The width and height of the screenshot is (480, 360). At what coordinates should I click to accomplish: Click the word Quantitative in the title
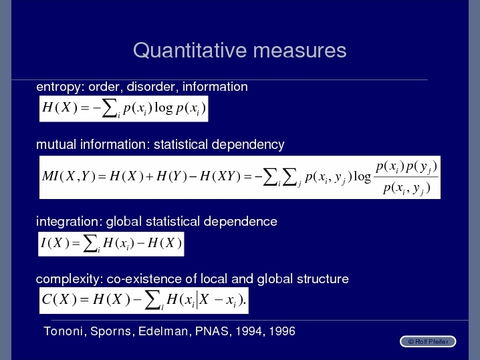tap(190, 51)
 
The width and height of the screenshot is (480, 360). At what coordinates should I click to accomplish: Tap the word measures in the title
tap(299, 51)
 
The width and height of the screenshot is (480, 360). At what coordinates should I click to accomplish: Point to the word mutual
tap(56, 144)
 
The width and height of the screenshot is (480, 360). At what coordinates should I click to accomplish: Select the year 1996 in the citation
tap(282, 331)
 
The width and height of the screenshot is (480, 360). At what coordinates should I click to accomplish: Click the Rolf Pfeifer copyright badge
tap(428, 342)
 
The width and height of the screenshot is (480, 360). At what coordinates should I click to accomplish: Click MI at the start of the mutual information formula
tap(50, 176)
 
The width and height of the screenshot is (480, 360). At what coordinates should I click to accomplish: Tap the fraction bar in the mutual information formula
tap(406, 177)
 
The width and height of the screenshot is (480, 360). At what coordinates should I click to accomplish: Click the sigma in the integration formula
tap(90, 244)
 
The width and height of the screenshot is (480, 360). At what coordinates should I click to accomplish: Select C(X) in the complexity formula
tap(59, 299)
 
